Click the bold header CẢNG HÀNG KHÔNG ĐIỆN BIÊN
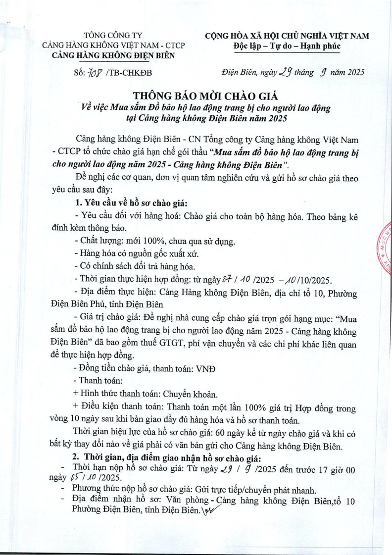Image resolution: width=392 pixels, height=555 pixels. click(x=113, y=55)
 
